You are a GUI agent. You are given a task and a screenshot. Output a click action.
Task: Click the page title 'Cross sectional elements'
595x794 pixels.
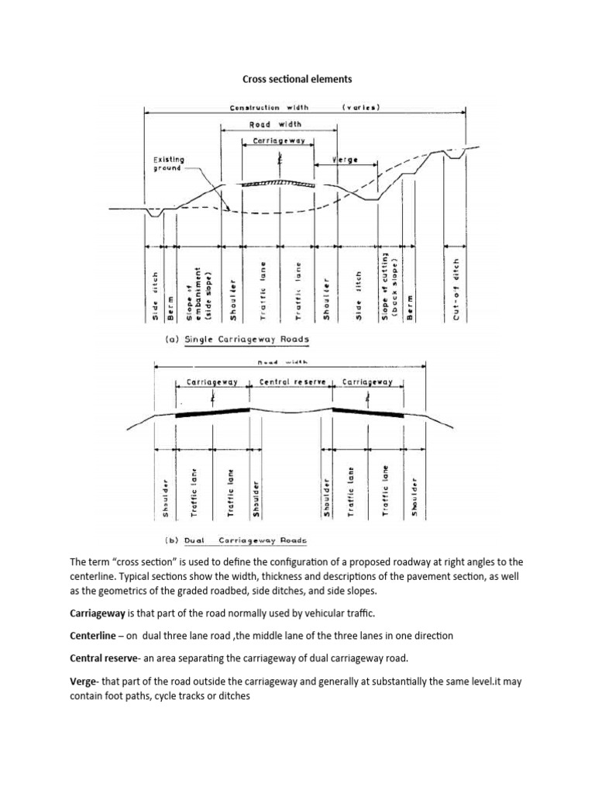click(x=297, y=78)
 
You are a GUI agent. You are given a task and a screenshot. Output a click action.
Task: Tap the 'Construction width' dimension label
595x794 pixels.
click(x=266, y=108)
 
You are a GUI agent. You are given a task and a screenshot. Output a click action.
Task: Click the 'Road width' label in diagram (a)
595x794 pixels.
click(x=276, y=124)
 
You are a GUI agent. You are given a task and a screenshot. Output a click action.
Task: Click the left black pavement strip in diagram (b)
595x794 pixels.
click(x=213, y=413)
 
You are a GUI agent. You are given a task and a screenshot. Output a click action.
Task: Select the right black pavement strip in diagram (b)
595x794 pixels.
click(x=368, y=413)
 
